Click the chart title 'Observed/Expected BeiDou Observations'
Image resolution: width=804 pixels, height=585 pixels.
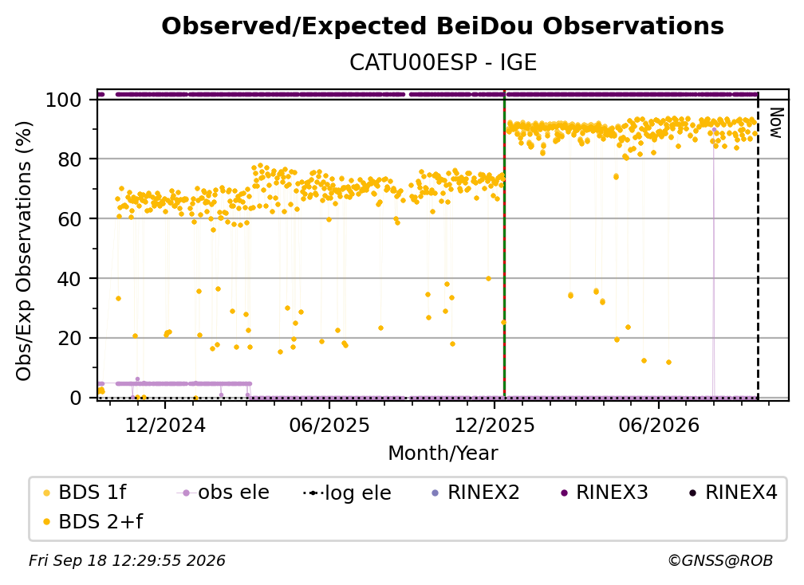coord(443,26)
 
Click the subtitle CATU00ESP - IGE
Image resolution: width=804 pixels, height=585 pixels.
coord(443,62)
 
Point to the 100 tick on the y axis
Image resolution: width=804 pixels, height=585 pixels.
coord(63,100)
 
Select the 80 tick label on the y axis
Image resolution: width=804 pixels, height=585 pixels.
coord(69,159)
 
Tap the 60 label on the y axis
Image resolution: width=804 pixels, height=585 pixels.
coord(69,218)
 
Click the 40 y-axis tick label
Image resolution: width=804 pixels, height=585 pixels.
coord(69,279)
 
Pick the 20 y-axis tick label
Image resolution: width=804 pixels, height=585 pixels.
coord(69,338)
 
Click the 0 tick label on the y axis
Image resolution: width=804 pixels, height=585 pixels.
coord(75,398)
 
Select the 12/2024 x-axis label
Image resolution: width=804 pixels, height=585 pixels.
coord(165,425)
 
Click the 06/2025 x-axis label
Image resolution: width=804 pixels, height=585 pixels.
coord(329,425)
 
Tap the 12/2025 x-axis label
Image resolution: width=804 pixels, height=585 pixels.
coord(495,425)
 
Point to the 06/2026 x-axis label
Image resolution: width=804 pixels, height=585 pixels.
coord(659,425)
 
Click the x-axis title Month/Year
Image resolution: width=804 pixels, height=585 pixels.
coord(443,453)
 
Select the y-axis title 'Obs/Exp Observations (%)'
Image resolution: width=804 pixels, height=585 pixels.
coord(24,250)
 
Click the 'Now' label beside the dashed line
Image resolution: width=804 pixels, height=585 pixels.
coord(777,123)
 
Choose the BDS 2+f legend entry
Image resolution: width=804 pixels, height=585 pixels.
coord(93,521)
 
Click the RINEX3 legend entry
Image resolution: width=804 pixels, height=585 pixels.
coord(604,493)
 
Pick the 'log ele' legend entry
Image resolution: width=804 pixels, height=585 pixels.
coord(347,493)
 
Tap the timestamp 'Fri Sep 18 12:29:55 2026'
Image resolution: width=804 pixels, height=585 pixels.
coord(127,560)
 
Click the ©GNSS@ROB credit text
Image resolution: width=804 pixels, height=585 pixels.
coord(720,560)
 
